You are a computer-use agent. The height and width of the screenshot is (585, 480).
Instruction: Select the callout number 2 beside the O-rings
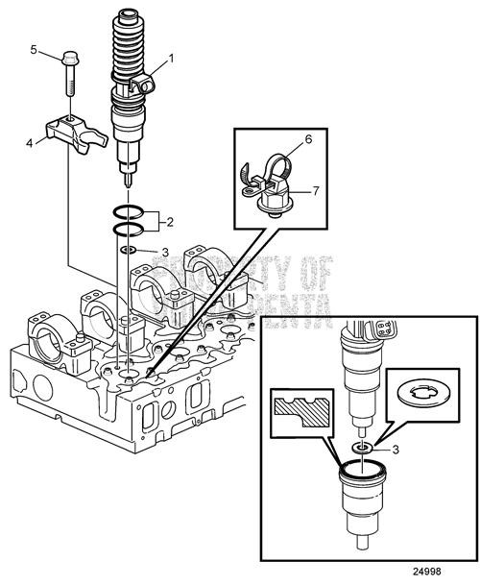click(169, 222)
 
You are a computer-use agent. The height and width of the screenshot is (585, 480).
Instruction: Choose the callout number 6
click(309, 138)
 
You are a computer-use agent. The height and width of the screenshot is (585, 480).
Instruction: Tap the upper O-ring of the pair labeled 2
click(130, 212)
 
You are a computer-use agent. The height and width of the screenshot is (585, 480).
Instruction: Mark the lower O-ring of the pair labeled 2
click(130, 228)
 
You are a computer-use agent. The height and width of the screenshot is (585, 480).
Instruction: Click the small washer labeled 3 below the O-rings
click(129, 251)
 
